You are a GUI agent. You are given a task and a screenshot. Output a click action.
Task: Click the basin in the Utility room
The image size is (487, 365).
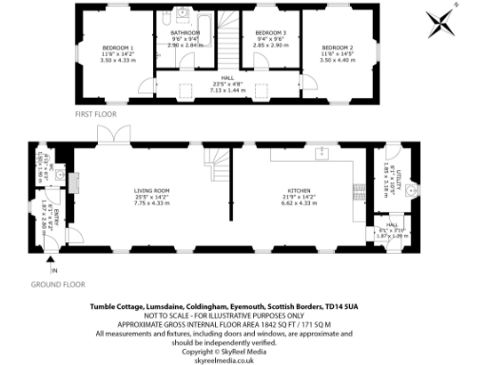click(x=413, y=191)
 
